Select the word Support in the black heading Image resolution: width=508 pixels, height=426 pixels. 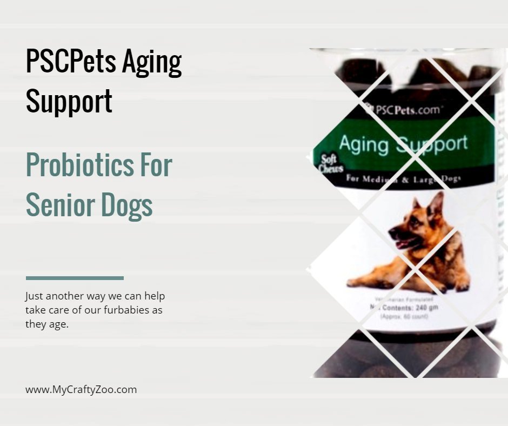pyautogui.click(x=69, y=101)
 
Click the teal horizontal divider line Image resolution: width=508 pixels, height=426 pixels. pyautogui.click(x=75, y=278)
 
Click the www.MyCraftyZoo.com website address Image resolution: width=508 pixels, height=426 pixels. pyautogui.click(x=81, y=389)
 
